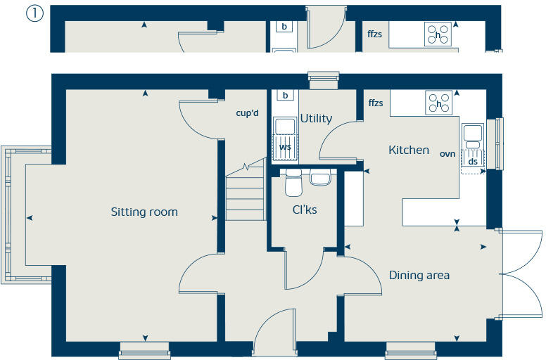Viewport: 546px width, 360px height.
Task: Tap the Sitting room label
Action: (144, 212)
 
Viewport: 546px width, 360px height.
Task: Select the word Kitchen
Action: (409, 150)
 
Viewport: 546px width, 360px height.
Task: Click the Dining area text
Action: (419, 275)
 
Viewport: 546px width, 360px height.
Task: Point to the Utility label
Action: (316, 119)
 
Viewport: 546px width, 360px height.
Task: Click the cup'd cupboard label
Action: (248, 112)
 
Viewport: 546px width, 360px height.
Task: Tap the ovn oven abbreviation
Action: (447, 153)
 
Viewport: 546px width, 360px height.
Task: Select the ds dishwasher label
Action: (473, 162)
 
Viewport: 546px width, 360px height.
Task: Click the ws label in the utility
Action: (285, 147)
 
